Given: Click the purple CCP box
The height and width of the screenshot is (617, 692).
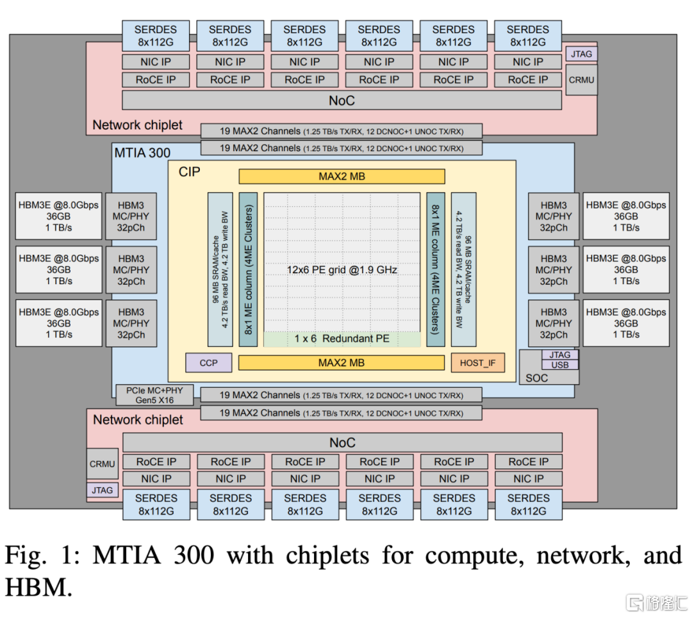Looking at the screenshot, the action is pyautogui.click(x=209, y=363).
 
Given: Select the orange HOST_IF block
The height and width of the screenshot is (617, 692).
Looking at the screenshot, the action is pyautogui.click(x=478, y=363).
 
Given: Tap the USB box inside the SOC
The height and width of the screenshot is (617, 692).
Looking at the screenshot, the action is pyautogui.click(x=559, y=365).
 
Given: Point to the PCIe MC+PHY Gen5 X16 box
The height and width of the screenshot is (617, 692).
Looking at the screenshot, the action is pyautogui.click(x=154, y=396).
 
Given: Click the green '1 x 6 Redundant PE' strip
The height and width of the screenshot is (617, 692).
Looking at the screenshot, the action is pyautogui.click(x=342, y=339).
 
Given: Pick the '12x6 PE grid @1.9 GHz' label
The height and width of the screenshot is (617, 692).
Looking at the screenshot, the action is pyautogui.click(x=342, y=269).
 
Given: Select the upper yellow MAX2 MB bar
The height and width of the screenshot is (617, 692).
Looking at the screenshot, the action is pyautogui.click(x=342, y=176).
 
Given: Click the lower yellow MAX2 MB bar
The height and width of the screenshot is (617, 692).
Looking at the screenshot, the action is pyautogui.click(x=342, y=363).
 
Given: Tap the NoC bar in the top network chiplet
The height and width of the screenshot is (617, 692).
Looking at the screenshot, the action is pyautogui.click(x=342, y=100).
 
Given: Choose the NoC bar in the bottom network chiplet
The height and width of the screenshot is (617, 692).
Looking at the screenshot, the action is pyautogui.click(x=342, y=442).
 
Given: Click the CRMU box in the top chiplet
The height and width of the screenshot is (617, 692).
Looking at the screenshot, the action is pyautogui.click(x=582, y=80).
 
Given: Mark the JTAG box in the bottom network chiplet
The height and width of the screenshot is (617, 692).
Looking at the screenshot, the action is pyautogui.click(x=103, y=490).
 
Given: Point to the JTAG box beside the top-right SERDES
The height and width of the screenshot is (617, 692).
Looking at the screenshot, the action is pyautogui.click(x=582, y=54).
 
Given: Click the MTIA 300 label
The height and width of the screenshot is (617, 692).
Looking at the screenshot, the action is pyautogui.click(x=142, y=153).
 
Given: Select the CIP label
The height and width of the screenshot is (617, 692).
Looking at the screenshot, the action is pyautogui.click(x=189, y=172).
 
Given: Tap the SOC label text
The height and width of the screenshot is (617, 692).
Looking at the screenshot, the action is pyautogui.click(x=537, y=378).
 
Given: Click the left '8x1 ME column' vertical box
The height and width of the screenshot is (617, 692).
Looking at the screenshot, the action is pyautogui.click(x=248, y=269).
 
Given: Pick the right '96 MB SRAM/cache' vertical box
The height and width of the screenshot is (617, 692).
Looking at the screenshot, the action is pyautogui.click(x=463, y=269).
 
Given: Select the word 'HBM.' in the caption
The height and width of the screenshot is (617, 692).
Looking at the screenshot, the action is pyautogui.click(x=39, y=588).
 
